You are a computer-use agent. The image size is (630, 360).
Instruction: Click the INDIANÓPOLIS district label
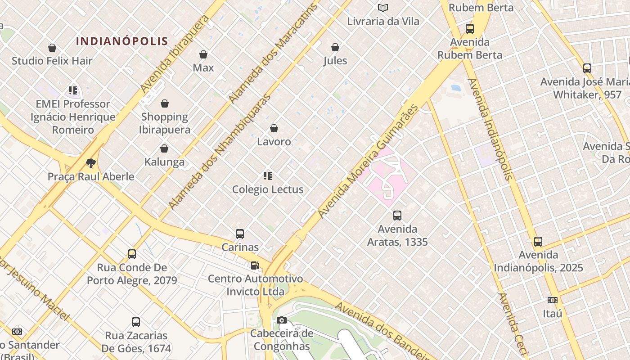pyautogui.click(x=122, y=41)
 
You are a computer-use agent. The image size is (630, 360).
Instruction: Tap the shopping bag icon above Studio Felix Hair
pyautogui.click(x=52, y=48)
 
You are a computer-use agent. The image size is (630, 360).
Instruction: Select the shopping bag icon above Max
pyautogui.click(x=203, y=54)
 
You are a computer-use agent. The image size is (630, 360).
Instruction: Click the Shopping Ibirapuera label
pyautogui.click(x=165, y=123)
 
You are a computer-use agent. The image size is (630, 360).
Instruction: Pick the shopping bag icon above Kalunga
pyautogui.click(x=164, y=148)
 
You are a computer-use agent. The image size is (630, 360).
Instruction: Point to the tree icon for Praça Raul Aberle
pyautogui.click(x=91, y=163)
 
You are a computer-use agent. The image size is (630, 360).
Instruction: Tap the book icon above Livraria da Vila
pyautogui.click(x=383, y=8)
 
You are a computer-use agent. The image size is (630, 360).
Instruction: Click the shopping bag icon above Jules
pyautogui.click(x=335, y=47)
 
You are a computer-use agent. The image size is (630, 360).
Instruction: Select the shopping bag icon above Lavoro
pyautogui.click(x=274, y=128)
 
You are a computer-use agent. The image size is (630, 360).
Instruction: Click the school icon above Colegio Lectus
pyautogui.click(x=268, y=176)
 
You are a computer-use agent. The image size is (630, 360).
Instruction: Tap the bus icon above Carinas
pyautogui.click(x=240, y=234)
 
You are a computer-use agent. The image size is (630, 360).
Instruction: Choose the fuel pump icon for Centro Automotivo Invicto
pyautogui.click(x=255, y=265)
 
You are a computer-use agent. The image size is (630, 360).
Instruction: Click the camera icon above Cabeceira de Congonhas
pyautogui.click(x=282, y=320)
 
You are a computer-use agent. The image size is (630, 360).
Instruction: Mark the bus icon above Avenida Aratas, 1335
pyautogui.click(x=397, y=216)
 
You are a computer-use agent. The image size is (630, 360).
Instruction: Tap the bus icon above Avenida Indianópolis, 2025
pyautogui.click(x=538, y=242)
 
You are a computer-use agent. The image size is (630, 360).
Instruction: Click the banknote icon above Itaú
pyautogui.click(x=553, y=300)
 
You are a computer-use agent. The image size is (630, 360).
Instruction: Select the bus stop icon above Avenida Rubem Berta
pyautogui.click(x=470, y=29)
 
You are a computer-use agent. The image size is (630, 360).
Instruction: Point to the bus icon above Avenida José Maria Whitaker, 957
pyautogui.click(x=587, y=68)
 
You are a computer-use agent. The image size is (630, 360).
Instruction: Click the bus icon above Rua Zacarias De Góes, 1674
pyautogui.click(x=136, y=322)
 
